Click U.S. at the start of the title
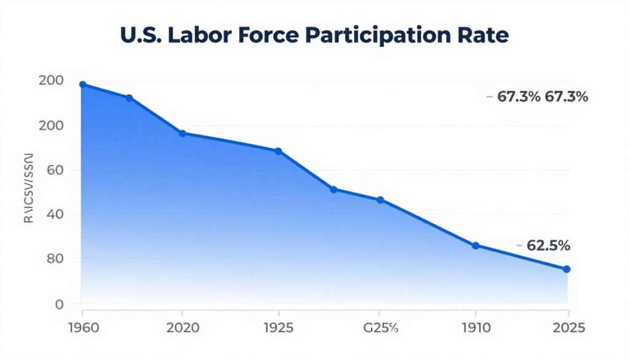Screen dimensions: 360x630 click(141, 35)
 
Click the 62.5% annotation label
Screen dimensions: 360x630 click(548, 246)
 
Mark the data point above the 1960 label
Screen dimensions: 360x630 click(82, 84)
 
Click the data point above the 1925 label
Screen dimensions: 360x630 click(278, 151)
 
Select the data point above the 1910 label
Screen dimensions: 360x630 click(476, 245)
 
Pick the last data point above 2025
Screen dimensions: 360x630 click(567, 269)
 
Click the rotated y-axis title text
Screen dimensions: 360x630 click(29, 187)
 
